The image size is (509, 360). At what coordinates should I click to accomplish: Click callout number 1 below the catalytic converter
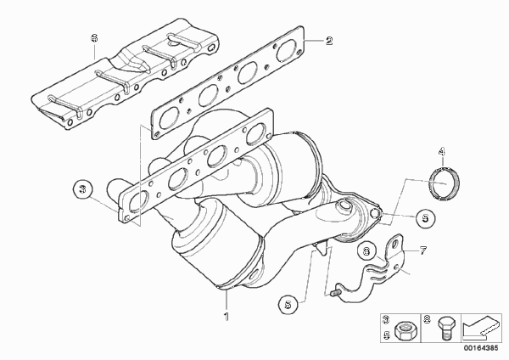point(227,316)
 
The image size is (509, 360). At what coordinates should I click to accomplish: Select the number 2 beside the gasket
point(329,41)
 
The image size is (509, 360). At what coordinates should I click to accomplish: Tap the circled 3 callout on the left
point(83,188)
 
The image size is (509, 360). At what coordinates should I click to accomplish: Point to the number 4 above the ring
point(441,151)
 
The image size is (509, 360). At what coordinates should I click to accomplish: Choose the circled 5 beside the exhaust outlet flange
point(425,218)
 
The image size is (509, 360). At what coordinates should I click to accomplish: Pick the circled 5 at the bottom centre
point(288,305)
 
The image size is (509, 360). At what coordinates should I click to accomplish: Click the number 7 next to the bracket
point(423,250)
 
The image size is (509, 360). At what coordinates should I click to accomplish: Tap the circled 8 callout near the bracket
point(366,251)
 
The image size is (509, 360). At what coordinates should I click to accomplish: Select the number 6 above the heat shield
point(94,38)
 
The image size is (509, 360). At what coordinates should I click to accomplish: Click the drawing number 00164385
point(480,348)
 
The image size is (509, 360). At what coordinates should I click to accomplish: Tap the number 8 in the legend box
point(427,320)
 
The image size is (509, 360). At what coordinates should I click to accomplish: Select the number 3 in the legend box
point(386,320)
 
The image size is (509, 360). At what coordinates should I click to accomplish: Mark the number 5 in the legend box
point(386,335)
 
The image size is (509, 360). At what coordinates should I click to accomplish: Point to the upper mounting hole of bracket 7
point(396,244)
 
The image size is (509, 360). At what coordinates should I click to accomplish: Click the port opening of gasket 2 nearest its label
point(287,50)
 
